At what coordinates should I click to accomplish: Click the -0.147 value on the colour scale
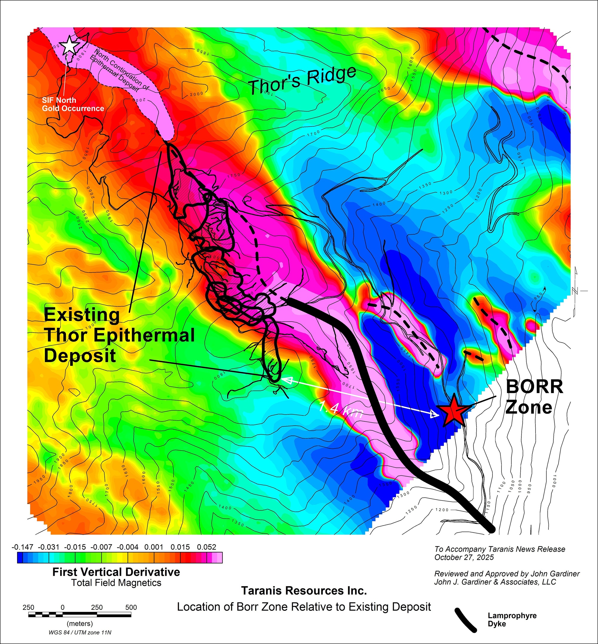[x=22, y=547]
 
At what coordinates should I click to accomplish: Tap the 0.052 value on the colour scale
[x=206, y=547]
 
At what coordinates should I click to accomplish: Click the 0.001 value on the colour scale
[x=154, y=547]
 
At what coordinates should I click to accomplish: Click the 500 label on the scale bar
[x=131, y=608]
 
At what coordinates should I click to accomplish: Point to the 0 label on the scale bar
[x=62, y=608]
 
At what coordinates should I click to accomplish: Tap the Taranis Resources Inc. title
[x=304, y=591]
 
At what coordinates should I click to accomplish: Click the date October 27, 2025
[x=464, y=557]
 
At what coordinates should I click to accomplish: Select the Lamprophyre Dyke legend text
[x=512, y=620]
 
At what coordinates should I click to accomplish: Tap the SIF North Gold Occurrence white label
[x=73, y=104]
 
